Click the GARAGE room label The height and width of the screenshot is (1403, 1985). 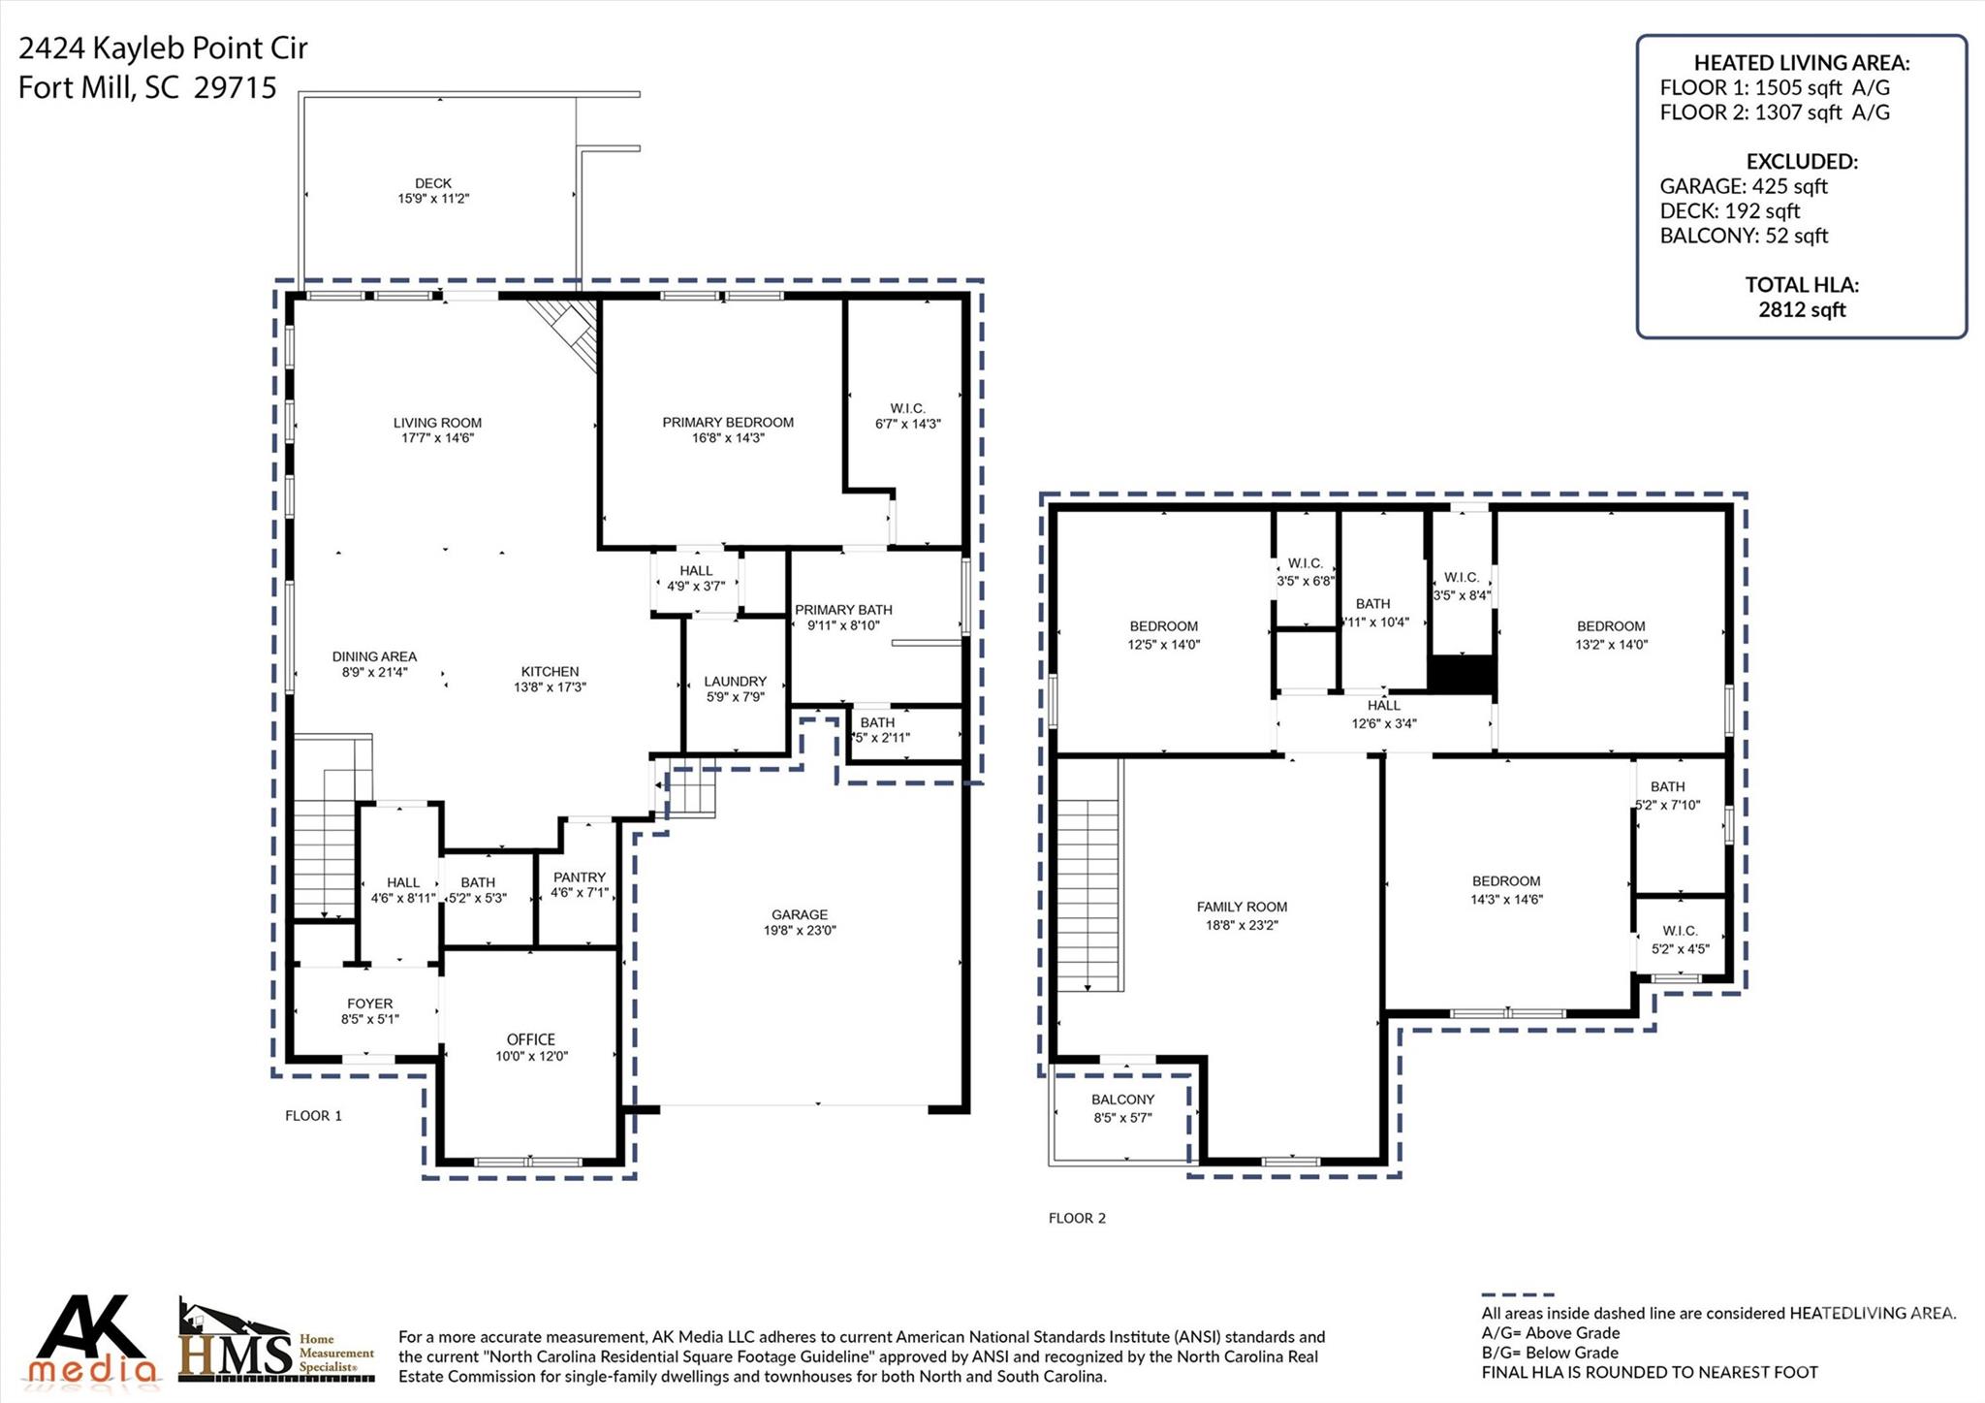(x=799, y=914)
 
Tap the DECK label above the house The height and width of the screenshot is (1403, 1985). (x=433, y=183)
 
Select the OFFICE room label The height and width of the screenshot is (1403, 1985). (x=530, y=1039)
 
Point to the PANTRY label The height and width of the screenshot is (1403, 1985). (x=579, y=877)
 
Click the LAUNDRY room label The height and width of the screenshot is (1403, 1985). (x=735, y=682)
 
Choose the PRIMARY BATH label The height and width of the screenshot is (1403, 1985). (x=843, y=610)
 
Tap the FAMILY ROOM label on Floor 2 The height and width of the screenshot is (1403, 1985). (x=1242, y=907)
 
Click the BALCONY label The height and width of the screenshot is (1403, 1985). (x=1122, y=1100)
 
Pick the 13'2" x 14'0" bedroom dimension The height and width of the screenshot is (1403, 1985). (x=1611, y=644)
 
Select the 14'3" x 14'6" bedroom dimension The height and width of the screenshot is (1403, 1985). (x=1506, y=899)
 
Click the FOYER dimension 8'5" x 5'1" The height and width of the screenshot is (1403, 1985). (x=369, y=1019)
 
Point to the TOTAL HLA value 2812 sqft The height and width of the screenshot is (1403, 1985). (x=1802, y=310)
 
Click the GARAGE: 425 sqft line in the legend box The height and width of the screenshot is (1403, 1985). (x=1743, y=186)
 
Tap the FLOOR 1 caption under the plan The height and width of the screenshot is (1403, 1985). (x=313, y=1116)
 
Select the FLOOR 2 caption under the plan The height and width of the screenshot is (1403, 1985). (x=1077, y=1219)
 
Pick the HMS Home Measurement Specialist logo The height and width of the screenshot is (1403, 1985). (x=276, y=1343)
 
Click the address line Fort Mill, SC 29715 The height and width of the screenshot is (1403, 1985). (x=147, y=88)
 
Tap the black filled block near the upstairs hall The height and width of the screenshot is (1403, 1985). (x=1463, y=675)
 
